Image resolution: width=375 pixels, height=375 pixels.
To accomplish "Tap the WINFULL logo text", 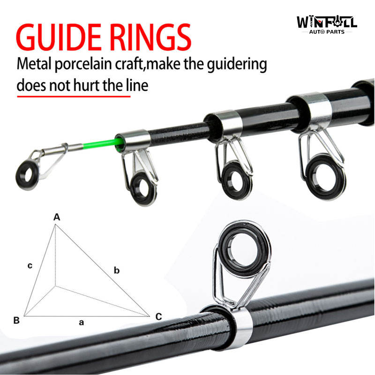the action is [327, 22].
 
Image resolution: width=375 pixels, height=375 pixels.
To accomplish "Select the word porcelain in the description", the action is [93, 65].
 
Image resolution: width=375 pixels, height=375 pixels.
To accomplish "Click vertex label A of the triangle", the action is [57, 217].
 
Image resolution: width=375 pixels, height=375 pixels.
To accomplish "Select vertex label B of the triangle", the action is [16, 321].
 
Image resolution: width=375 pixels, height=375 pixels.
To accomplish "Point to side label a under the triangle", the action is [81, 322].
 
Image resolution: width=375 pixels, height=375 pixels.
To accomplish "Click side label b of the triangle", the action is [117, 270].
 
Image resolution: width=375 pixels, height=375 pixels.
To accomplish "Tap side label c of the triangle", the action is [30, 266].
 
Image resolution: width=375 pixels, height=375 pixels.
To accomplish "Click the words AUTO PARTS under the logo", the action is [326, 32].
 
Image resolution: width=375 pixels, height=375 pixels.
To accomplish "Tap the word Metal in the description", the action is [34, 65].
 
